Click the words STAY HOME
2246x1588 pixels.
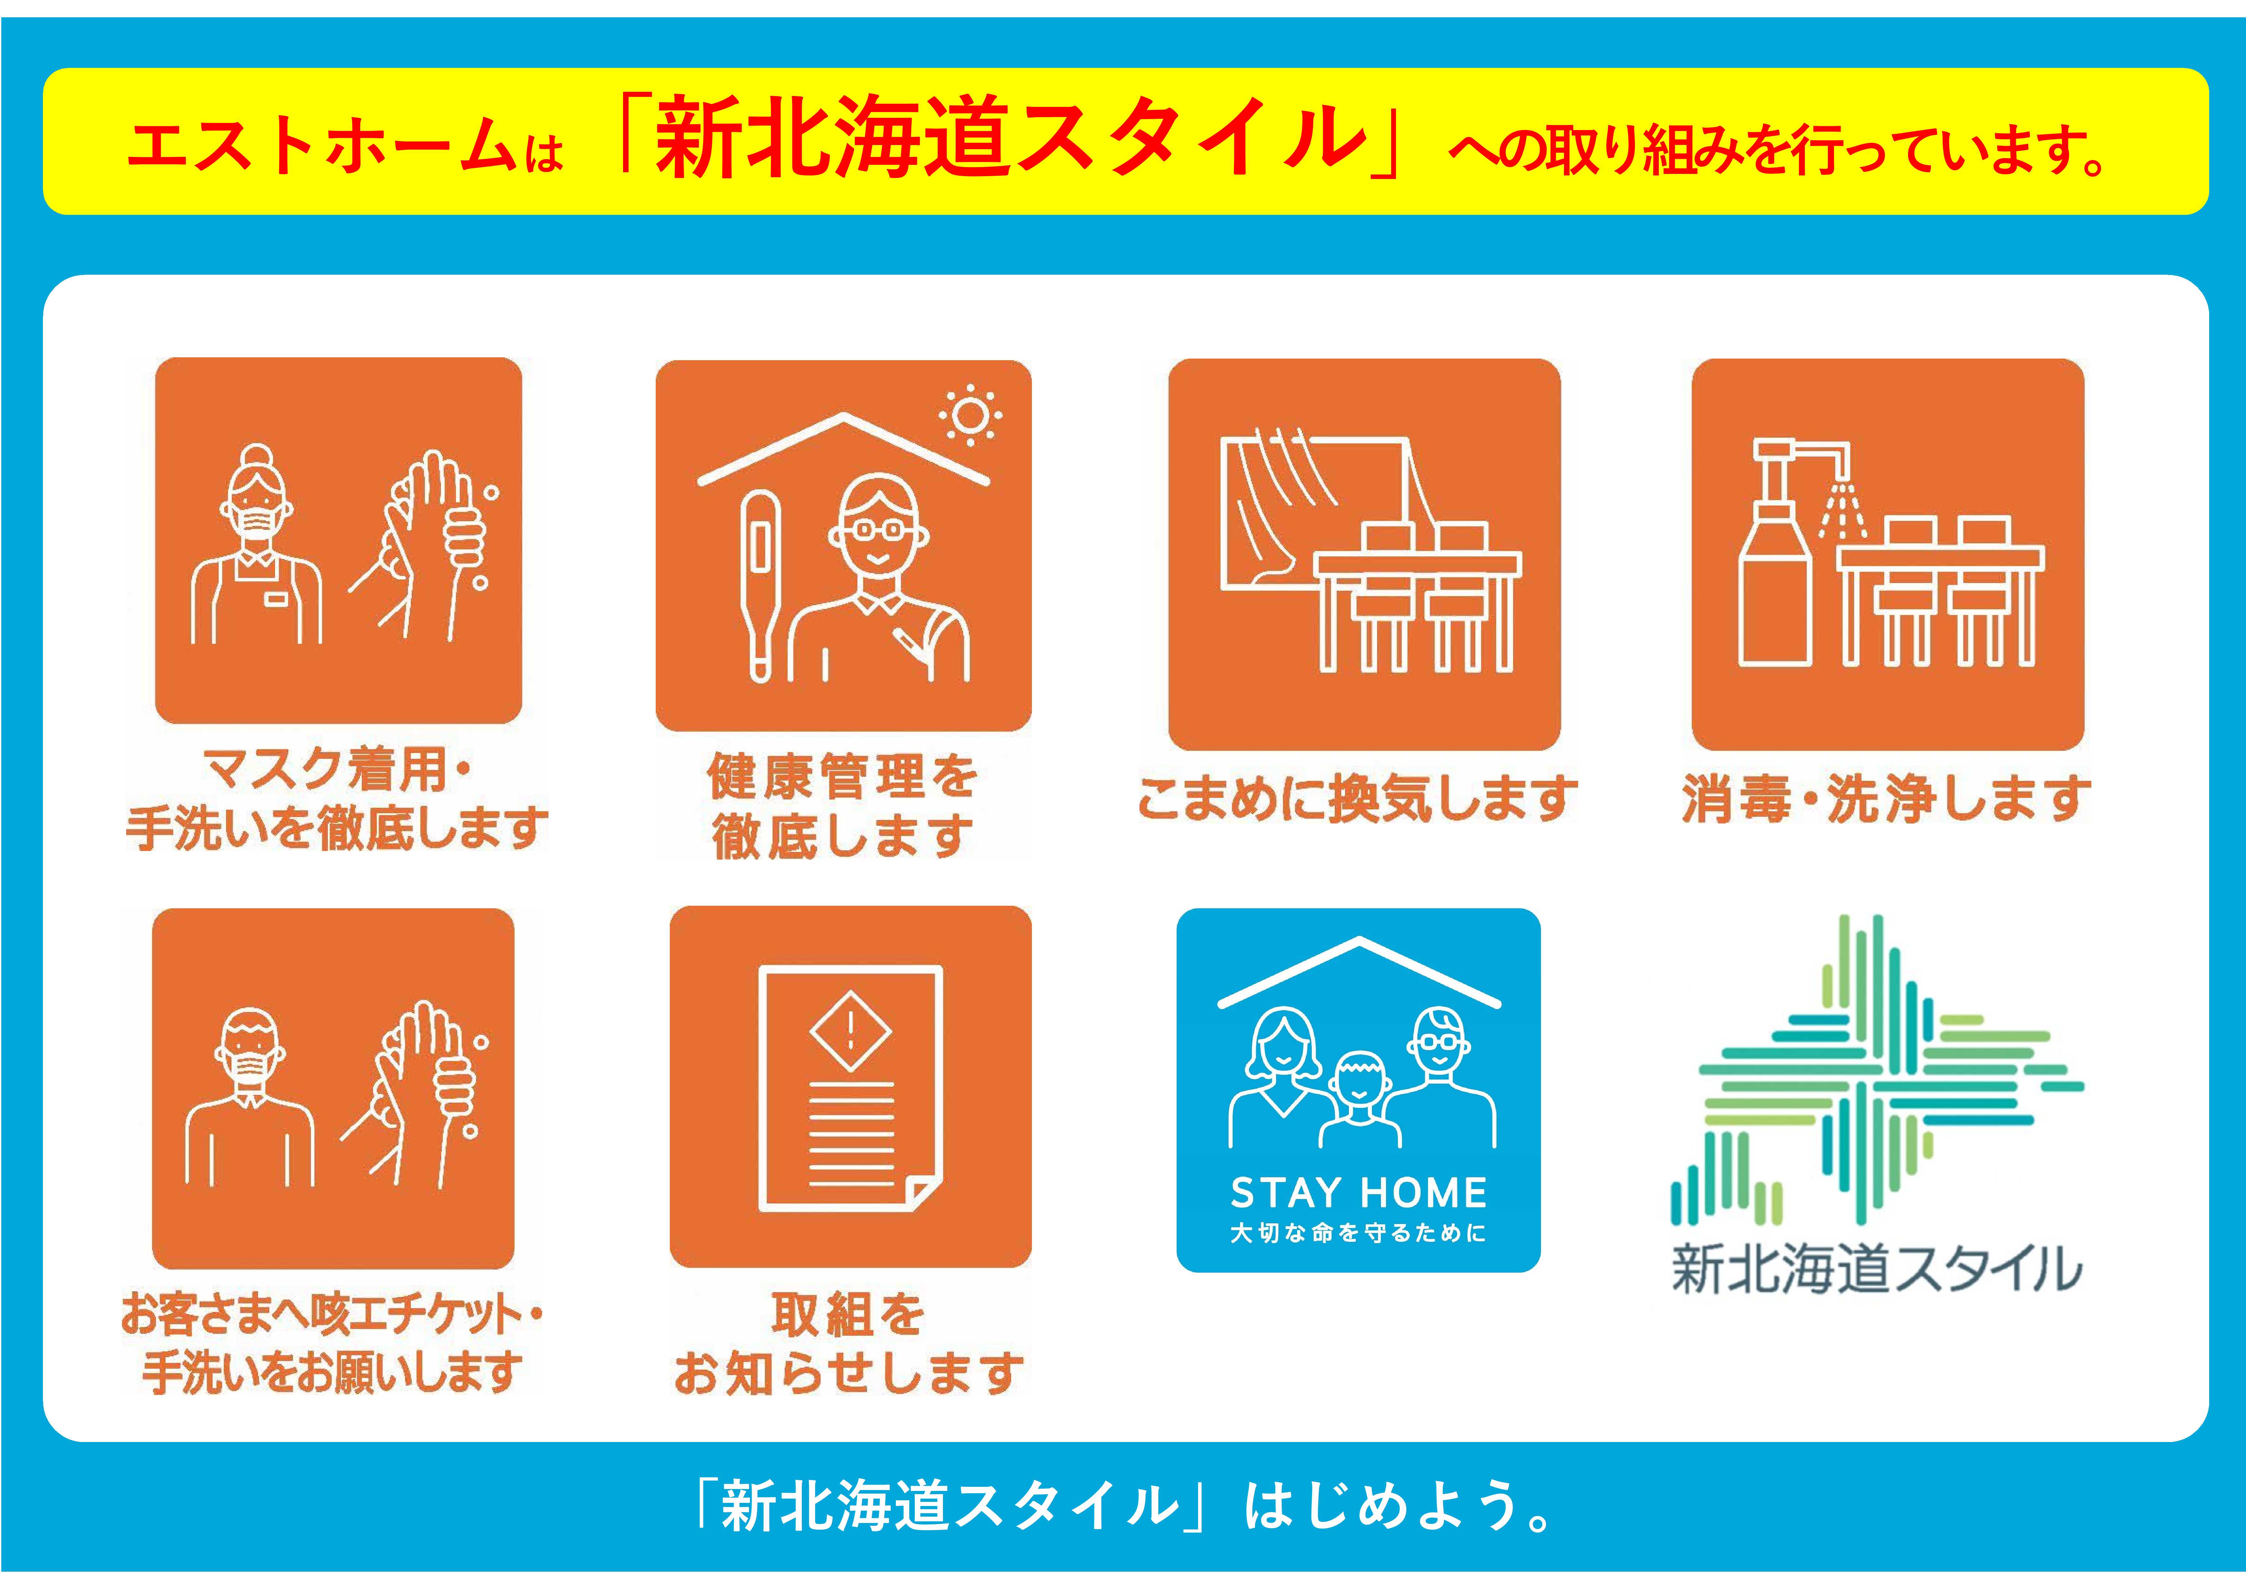click(x=1359, y=1193)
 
